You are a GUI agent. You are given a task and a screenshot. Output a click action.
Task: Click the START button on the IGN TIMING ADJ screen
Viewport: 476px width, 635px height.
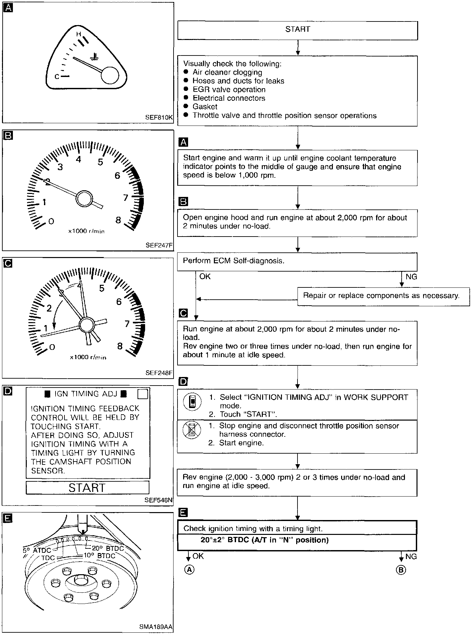[87, 488]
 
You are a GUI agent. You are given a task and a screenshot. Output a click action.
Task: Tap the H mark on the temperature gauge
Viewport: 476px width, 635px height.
[79, 34]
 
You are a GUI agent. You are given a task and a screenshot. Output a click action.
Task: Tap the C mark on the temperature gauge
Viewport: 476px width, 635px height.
[57, 77]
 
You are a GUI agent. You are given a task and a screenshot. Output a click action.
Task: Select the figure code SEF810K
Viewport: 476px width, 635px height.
[159, 117]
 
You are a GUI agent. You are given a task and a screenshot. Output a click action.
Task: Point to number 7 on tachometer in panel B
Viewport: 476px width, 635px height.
[126, 198]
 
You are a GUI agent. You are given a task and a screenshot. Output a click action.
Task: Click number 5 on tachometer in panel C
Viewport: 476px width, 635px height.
[102, 288]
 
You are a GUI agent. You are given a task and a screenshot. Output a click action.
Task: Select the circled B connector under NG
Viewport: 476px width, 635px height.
[401, 570]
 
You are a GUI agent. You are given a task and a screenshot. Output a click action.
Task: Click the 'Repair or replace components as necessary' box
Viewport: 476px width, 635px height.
[383, 296]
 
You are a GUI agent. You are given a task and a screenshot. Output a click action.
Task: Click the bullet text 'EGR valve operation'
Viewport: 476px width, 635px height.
[229, 90]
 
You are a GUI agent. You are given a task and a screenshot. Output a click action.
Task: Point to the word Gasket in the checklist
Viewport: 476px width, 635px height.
[205, 107]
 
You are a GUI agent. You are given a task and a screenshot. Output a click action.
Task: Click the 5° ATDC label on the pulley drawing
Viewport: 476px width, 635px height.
[37, 550]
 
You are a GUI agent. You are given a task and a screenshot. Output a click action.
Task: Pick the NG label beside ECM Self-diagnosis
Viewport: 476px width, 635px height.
[411, 277]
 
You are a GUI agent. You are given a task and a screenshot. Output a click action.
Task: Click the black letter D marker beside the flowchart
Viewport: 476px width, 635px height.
[183, 382]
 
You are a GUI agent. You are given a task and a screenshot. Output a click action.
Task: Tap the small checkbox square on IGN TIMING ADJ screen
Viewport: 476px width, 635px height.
[142, 394]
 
